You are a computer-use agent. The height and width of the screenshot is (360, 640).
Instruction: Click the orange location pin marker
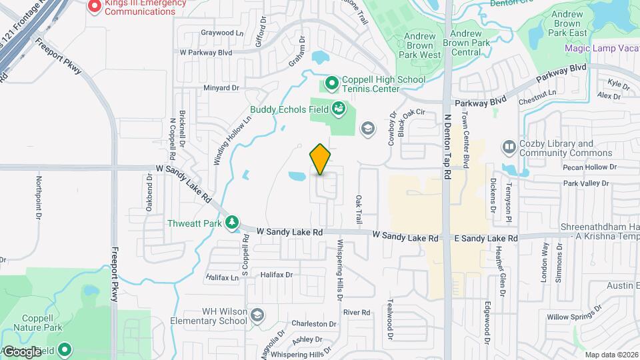pos(321,159)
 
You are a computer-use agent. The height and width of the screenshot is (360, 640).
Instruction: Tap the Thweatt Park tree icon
pos(233,223)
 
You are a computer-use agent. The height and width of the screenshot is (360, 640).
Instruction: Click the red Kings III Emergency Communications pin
pos(95,7)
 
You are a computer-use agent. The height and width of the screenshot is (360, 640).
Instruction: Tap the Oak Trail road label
pos(359,209)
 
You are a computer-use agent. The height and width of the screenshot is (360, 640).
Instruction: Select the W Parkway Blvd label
pos(206,51)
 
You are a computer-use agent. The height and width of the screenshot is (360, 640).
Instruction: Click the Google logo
pos(23,351)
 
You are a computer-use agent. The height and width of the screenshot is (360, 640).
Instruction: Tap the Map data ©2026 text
pos(611,355)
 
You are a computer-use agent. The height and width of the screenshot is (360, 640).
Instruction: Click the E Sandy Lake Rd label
pos(486,238)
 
